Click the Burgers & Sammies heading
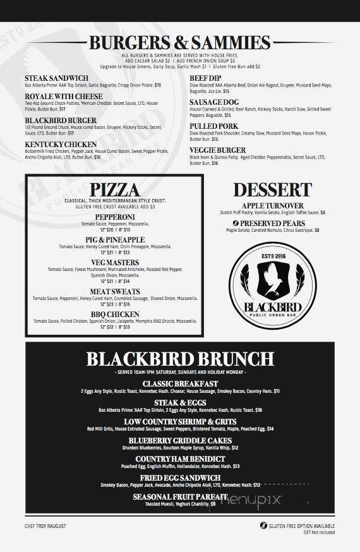coord(180,43)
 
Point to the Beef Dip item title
coord(205,78)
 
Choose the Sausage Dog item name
coord(215,101)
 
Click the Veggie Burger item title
coord(218,150)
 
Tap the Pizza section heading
coord(114,189)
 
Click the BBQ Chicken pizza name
coord(114,314)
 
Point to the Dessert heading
coord(272,189)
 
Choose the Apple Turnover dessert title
coord(272,206)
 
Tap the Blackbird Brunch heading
coord(180,359)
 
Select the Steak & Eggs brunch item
coord(180,402)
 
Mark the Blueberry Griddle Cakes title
coord(180,440)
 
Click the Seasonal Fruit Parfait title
coord(180,497)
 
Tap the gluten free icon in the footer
coord(263,525)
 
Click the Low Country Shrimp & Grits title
coord(180,421)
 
